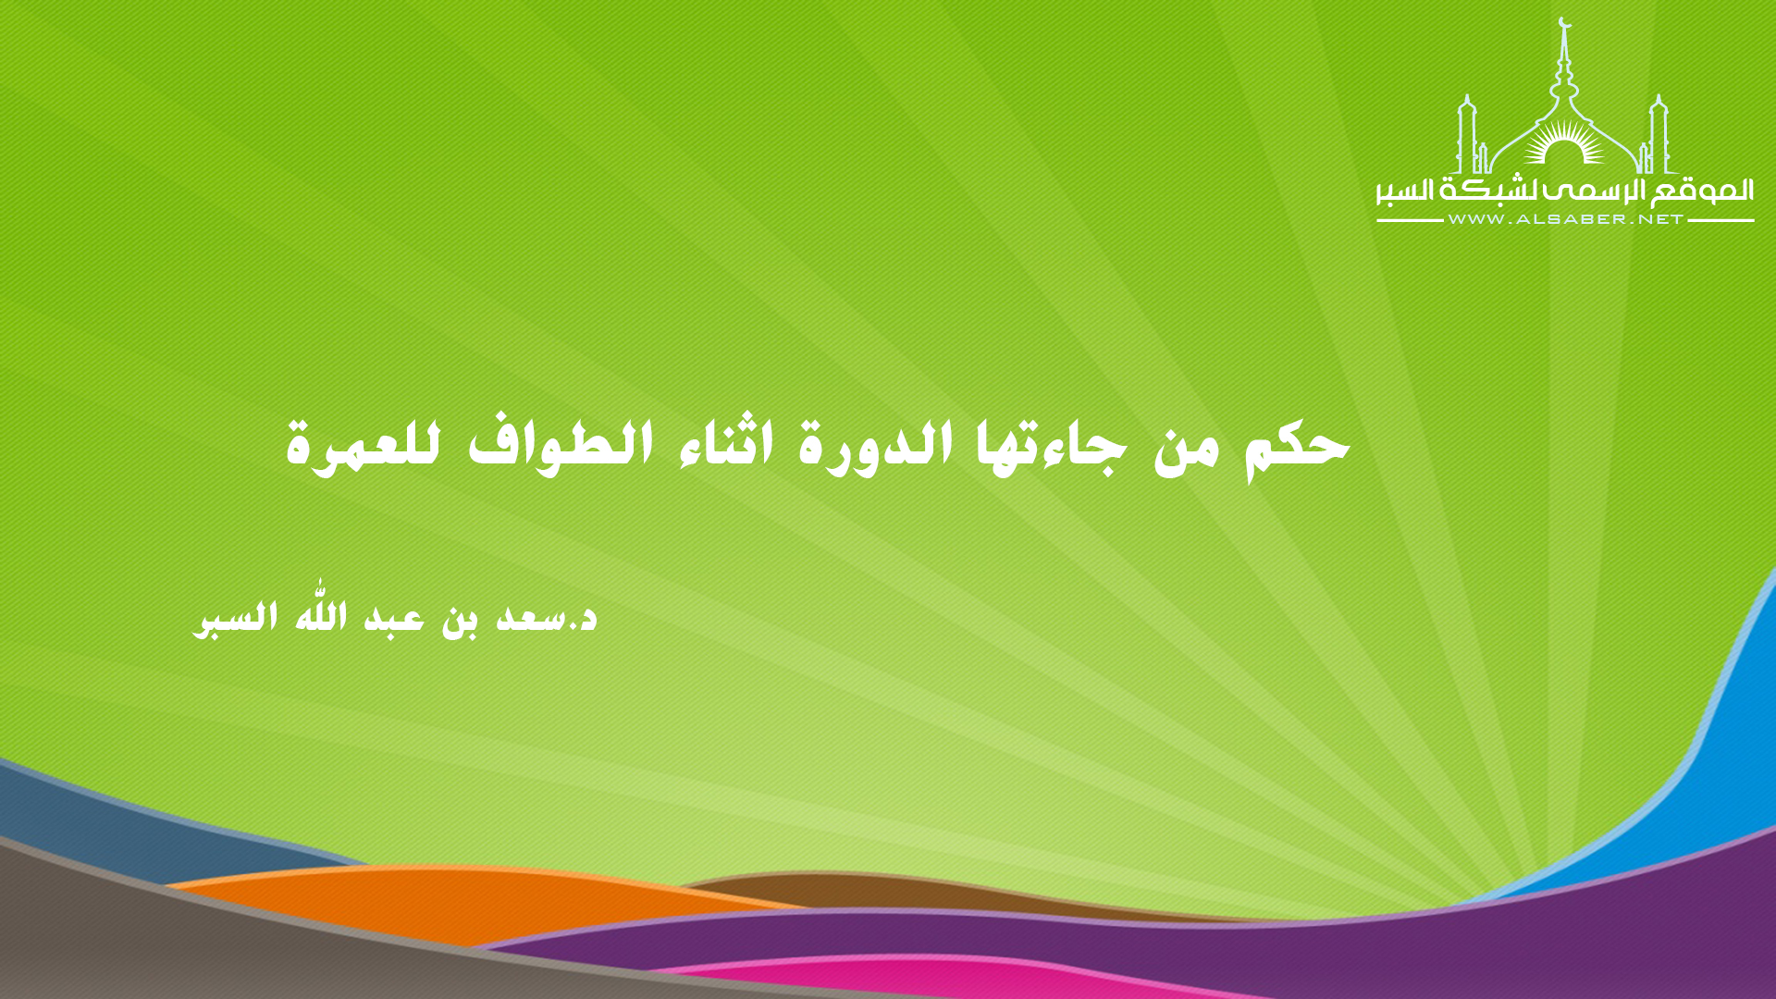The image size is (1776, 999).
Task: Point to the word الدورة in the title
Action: [x=876, y=447]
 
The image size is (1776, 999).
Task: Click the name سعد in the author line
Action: [x=531, y=618]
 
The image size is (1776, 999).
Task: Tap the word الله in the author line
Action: [x=321, y=615]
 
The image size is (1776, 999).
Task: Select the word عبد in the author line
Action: [x=394, y=617]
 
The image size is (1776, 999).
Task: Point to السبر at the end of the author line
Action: [x=235, y=618]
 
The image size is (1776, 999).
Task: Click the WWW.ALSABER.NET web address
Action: [x=1565, y=219]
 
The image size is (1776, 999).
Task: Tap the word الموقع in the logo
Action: [x=1703, y=191]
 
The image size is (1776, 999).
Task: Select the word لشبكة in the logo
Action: [x=1491, y=191]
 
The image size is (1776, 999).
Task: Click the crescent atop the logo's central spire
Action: [x=1564, y=22]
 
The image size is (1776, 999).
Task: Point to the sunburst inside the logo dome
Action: [x=1564, y=148]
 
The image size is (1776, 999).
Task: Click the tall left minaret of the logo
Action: [x=1467, y=135]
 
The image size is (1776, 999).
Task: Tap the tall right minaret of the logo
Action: [x=1659, y=135]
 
